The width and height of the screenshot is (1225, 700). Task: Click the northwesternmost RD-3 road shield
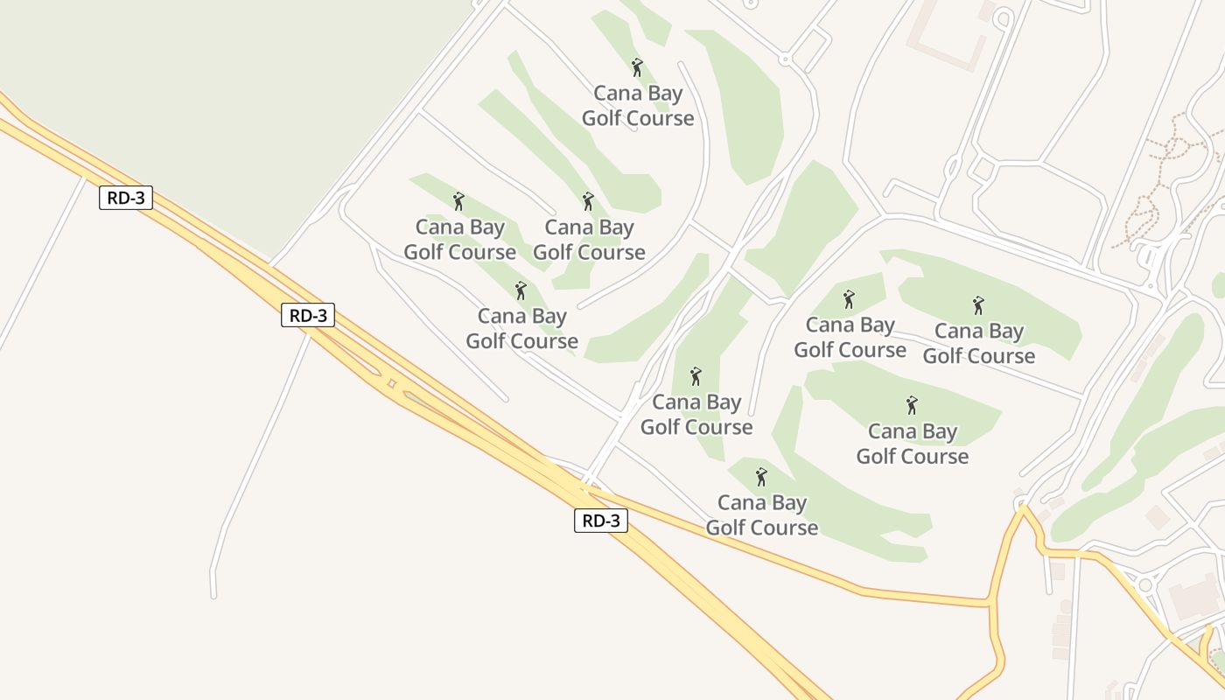point(126,198)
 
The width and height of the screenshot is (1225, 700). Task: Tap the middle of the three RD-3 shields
point(308,315)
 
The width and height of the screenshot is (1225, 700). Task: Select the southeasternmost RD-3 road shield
point(601,521)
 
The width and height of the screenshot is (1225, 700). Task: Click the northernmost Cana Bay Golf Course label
point(638,106)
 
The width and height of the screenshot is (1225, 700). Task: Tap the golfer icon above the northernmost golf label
point(637,67)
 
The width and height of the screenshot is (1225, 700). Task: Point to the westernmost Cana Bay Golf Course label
point(459,240)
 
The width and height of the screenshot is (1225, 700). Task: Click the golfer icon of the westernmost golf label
point(458,201)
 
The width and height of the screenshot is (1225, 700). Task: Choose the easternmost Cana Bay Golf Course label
point(978,344)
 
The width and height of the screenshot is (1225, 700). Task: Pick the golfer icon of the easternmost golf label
point(978,305)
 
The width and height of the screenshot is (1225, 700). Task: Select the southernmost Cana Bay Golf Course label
point(762,515)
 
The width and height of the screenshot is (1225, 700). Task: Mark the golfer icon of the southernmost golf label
point(761,477)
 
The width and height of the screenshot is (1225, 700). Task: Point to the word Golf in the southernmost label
point(728,528)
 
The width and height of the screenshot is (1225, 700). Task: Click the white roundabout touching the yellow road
point(1144,584)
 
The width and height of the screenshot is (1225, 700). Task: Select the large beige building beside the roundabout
point(1193,598)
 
